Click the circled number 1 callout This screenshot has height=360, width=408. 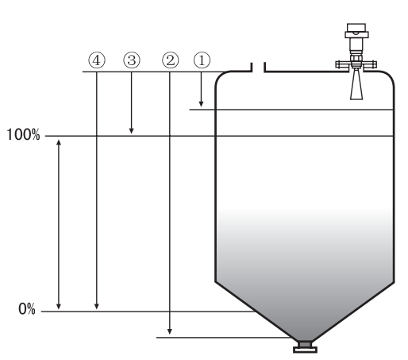coord(202,60)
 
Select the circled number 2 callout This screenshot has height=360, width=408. coord(171,60)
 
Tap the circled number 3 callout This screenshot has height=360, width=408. coord(132,60)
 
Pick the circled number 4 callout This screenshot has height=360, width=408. coord(97,60)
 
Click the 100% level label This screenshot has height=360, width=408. coord(23,134)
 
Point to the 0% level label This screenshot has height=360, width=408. coord(27,309)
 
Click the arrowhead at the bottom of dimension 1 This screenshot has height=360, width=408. coord(201,104)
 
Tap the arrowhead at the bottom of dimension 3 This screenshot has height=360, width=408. coord(131,130)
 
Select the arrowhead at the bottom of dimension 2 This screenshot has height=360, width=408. coord(170,331)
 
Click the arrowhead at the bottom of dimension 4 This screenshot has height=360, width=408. coord(97,306)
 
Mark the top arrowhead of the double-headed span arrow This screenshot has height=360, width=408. coord(59,142)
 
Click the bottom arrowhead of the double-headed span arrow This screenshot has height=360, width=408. coord(59,306)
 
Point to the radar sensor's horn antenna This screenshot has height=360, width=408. coord(356,84)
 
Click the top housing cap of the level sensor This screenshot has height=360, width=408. coord(356,27)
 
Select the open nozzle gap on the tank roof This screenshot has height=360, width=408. coord(258,68)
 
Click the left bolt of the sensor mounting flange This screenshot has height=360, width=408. coord(339,64)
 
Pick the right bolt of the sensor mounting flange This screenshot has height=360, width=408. coord(374,64)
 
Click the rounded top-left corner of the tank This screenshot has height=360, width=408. coord(221,76)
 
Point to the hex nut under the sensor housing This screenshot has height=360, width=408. coord(356,58)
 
